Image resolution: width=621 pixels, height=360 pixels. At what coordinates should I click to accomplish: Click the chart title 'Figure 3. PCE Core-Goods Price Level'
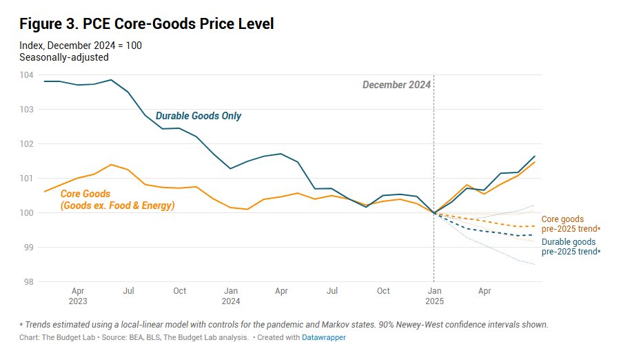(147, 24)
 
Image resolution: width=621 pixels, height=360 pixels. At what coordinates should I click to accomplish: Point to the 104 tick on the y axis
(26, 74)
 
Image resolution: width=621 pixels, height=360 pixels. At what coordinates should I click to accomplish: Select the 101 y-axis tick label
(27, 178)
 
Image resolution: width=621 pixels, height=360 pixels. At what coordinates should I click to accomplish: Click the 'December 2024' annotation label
(396, 85)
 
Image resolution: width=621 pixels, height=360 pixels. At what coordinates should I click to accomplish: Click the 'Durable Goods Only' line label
(198, 116)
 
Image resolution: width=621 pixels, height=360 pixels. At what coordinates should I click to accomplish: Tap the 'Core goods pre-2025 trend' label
(571, 224)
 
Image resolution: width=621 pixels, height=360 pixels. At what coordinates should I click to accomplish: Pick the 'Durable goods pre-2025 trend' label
(571, 247)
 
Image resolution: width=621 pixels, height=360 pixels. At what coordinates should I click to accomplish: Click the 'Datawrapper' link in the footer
(324, 338)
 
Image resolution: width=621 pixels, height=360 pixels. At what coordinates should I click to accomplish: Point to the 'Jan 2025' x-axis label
(434, 296)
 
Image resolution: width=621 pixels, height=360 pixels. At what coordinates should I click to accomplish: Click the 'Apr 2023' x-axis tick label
(77, 296)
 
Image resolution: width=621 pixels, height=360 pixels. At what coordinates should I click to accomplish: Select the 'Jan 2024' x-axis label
(231, 296)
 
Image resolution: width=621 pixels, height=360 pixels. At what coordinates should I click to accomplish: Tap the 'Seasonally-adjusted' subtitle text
(64, 57)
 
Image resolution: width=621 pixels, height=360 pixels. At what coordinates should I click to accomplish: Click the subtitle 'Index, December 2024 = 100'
(81, 46)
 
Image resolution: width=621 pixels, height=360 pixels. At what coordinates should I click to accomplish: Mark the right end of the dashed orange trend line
(536, 226)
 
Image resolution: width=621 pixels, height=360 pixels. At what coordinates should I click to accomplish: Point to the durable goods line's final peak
(535, 156)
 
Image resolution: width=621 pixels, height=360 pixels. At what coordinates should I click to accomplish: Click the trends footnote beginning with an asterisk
(283, 324)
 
